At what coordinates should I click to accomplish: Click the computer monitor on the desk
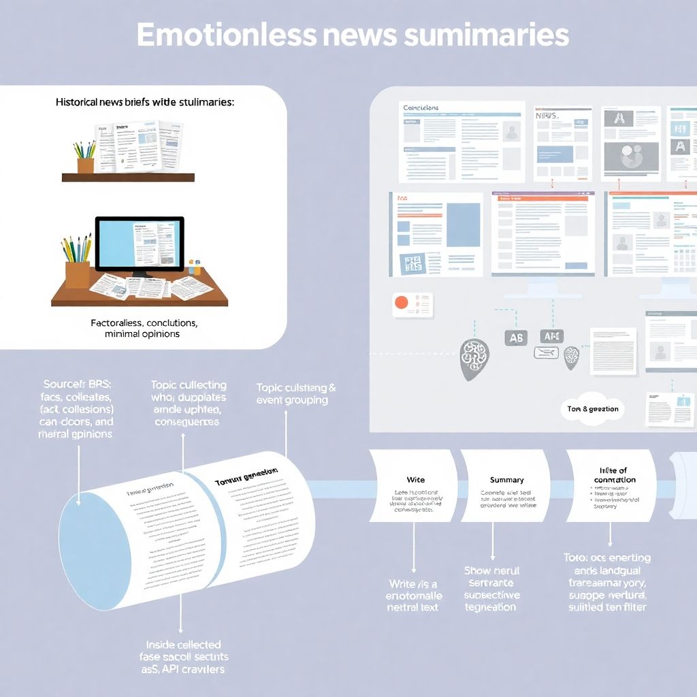click(140, 245)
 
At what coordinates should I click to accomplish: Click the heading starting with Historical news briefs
click(145, 102)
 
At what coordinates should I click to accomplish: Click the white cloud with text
click(592, 409)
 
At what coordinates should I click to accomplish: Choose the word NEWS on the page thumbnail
click(547, 116)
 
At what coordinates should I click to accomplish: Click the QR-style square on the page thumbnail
click(413, 263)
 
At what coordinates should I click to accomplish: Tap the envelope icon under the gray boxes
click(546, 352)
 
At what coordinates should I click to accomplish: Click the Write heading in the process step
click(415, 479)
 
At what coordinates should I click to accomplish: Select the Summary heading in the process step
click(507, 479)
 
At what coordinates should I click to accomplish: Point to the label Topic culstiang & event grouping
click(296, 393)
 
